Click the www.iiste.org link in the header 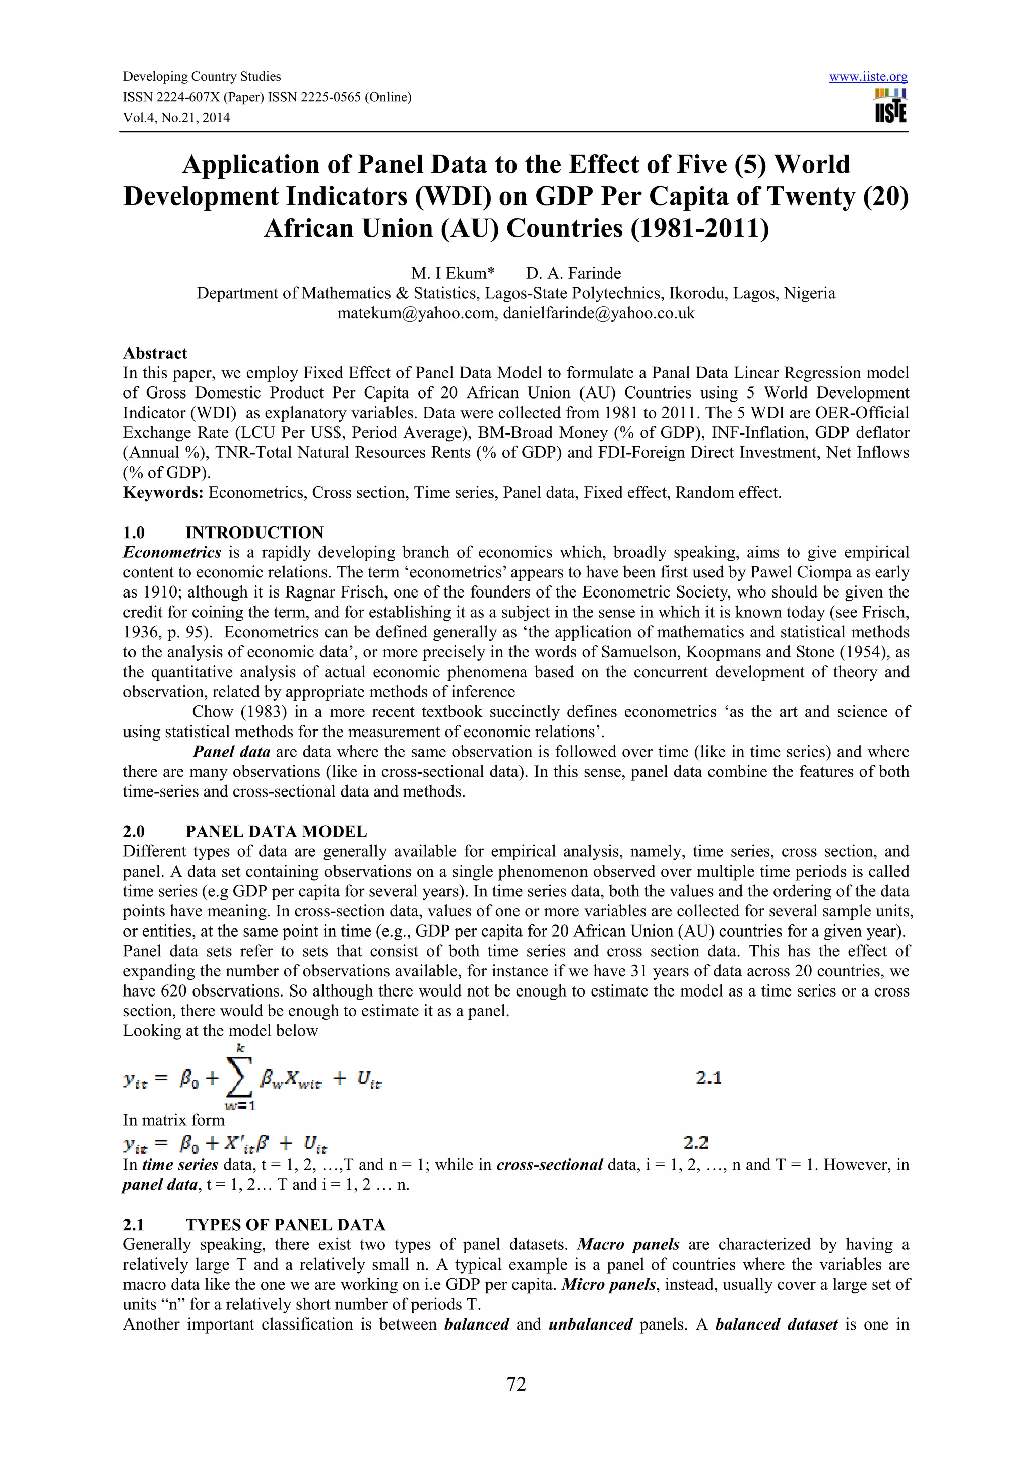tap(868, 77)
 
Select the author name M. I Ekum tap(452, 274)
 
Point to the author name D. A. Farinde tap(573, 274)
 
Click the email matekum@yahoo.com tap(417, 313)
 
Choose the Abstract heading tap(155, 354)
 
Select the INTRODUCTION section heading tap(254, 533)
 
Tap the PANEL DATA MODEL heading tap(276, 832)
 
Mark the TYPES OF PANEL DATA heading tap(286, 1225)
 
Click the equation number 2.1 tap(708, 1077)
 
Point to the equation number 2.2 tap(695, 1143)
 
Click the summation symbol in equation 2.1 tap(239, 1077)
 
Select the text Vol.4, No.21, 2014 tap(176, 118)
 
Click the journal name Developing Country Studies tap(202, 76)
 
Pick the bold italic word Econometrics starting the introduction tap(172, 553)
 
